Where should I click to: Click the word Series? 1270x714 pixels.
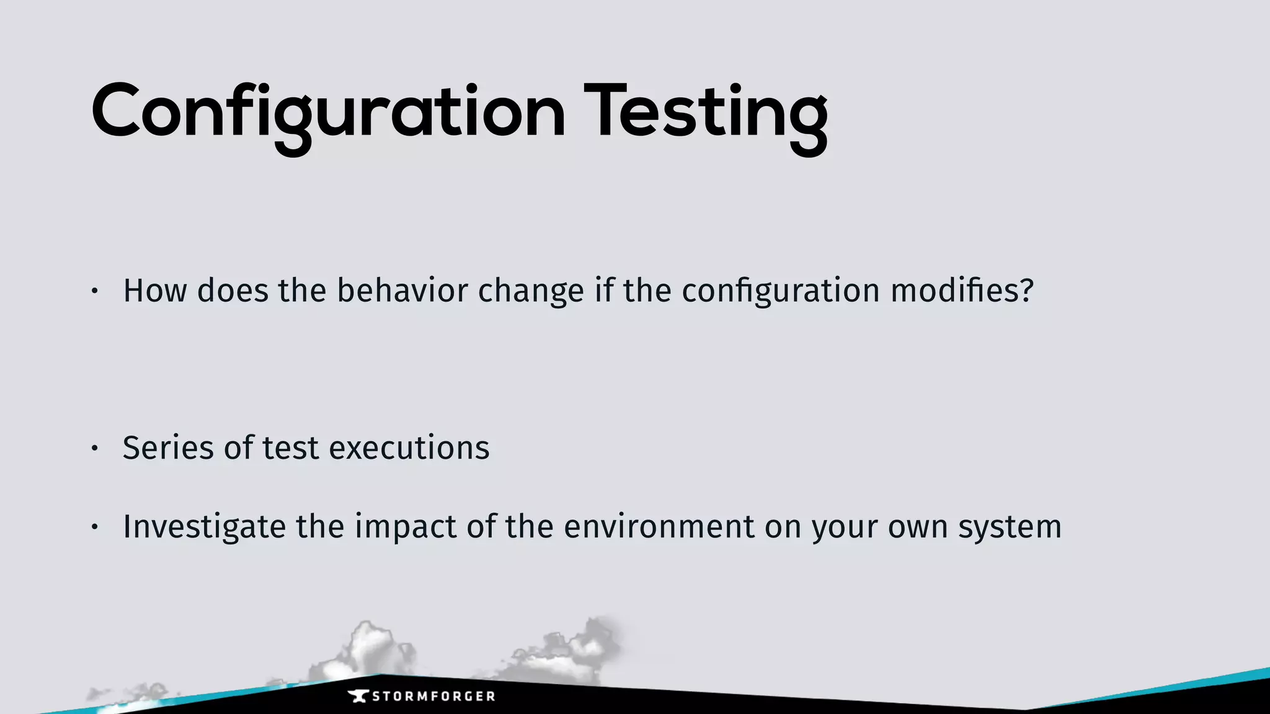coord(168,447)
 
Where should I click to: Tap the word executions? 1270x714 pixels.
coord(409,447)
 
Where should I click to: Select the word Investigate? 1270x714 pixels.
coord(204,527)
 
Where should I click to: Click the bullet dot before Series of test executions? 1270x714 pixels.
coord(94,448)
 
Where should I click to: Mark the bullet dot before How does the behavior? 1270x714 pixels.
coord(94,291)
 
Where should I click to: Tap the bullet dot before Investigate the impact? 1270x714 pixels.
coord(94,527)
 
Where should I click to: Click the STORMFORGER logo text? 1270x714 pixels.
coord(433,697)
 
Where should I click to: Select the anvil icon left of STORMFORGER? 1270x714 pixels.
coord(358,696)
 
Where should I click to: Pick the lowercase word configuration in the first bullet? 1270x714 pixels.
coord(781,291)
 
